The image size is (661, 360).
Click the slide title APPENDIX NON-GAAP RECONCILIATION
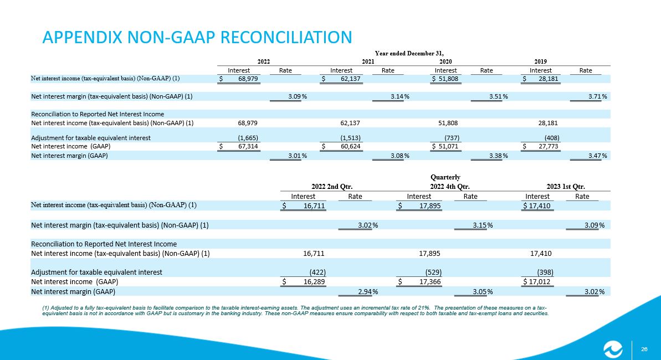click(197, 37)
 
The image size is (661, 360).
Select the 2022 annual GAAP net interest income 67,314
click(239, 146)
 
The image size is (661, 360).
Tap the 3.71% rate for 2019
click(598, 96)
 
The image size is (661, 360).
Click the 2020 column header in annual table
click(445, 61)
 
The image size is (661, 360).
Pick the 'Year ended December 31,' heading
click(409, 53)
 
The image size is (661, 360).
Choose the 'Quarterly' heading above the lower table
click(445, 177)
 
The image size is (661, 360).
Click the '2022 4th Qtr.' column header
click(450, 186)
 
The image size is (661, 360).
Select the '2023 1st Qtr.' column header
click(566, 186)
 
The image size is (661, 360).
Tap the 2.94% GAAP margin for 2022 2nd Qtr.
click(368, 292)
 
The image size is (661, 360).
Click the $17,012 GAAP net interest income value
click(537, 281)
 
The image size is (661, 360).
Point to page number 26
click(644, 349)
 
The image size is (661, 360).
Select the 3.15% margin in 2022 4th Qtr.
click(483, 225)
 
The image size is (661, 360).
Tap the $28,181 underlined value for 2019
click(540, 79)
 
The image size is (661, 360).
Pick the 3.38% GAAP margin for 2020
click(499, 156)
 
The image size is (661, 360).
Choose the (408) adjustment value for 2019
click(552, 138)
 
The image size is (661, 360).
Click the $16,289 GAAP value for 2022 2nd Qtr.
click(304, 281)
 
